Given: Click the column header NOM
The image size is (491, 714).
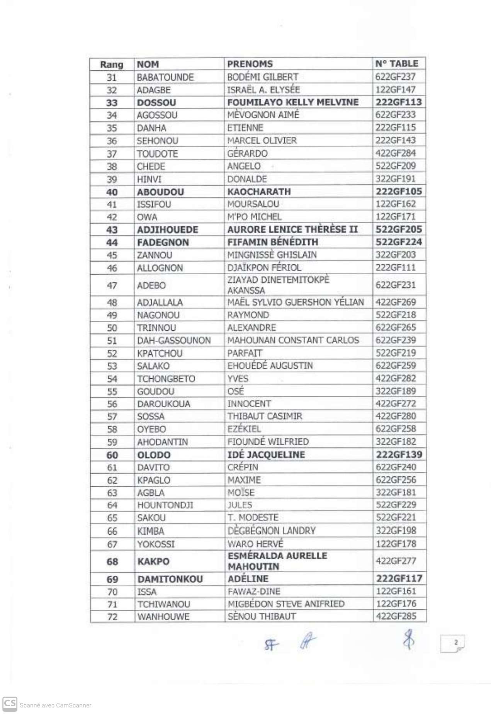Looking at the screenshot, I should pos(148,65).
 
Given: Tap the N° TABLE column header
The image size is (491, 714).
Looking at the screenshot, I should pos(397,64).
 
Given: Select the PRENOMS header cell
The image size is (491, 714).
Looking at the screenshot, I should pos(250,64).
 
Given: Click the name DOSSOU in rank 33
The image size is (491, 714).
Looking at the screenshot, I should pos(156,103).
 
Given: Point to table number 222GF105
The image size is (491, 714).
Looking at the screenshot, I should pos(399,192).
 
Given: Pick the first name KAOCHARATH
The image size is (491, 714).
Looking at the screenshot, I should pos(259,192).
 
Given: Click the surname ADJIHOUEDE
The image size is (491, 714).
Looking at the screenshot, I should pos(168,230).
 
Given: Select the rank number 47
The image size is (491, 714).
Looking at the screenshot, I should pos(112,286).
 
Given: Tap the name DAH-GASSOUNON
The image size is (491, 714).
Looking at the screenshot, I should pos(174,341).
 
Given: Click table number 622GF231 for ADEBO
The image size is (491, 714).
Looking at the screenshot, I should pos(396,286).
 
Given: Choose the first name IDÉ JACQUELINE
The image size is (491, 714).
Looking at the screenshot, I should pos(266,455).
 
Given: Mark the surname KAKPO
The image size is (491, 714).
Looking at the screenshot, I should pos(153,561).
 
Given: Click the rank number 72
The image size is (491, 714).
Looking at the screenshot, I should pos(112,617).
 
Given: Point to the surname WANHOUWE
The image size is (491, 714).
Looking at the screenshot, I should pos(163,617).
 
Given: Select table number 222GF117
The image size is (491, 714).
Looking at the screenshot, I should pos(399,579).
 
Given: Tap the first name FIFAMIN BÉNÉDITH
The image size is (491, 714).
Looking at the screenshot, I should pos(273,243).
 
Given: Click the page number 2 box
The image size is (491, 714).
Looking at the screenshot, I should pos(452,643).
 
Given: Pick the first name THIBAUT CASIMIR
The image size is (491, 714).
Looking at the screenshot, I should pos(265,416).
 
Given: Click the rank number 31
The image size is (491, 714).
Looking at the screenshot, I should pos(112,78).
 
